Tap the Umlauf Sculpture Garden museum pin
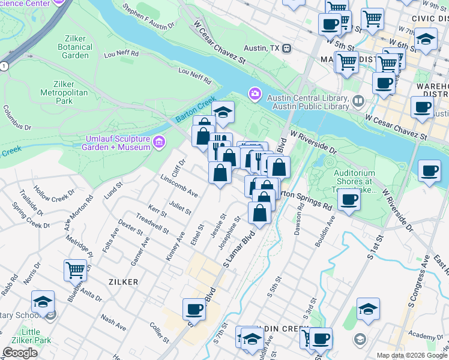pyautogui.click(x=158, y=142)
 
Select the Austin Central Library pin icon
pyautogui.click(x=358, y=100)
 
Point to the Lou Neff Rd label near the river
pyautogui.click(x=195, y=76)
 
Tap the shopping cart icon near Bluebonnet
pyautogui.click(x=75, y=270)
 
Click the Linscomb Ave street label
pyautogui.click(x=179, y=185)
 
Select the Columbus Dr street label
pyautogui.click(x=17, y=118)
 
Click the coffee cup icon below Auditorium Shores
pyautogui.click(x=349, y=200)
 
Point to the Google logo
pyautogui.click(x=20, y=353)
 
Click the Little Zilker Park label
pyautogui.click(x=22, y=337)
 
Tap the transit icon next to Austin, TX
pyautogui.click(x=287, y=47)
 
